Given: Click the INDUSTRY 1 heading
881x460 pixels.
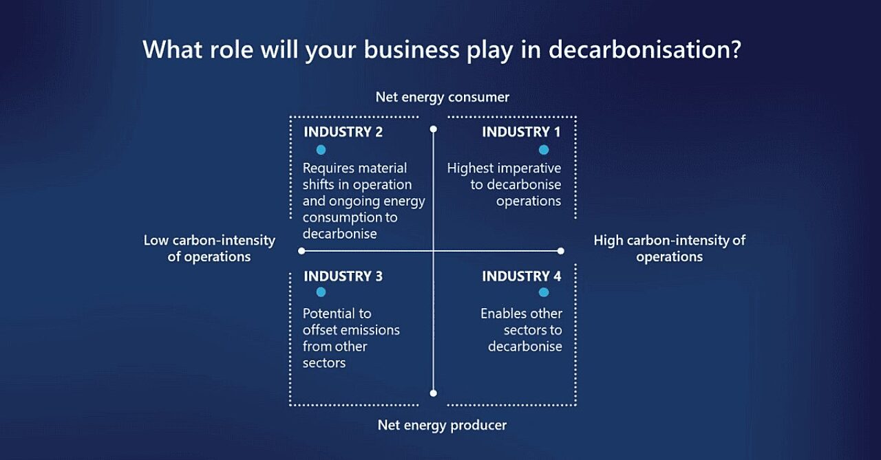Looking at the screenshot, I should point(521,132).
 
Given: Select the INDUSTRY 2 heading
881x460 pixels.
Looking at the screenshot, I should point(343,132).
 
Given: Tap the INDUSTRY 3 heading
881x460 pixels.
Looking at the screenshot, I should point(343,276).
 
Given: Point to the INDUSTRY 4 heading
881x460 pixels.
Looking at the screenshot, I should point(521,276).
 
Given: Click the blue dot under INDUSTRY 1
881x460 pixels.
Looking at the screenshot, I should point(544,150).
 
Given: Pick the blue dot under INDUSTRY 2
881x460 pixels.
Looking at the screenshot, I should point(321,150).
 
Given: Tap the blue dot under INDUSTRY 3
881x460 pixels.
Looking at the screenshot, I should point(321,293).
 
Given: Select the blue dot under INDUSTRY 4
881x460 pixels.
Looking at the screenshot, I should point(544,293).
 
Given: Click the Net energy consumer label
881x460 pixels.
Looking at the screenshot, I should point(442,97).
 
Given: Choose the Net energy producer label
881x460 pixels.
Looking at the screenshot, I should point(442,426).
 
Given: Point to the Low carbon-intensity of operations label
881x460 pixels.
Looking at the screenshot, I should point(209,248).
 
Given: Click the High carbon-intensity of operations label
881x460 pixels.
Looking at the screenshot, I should point(669,248).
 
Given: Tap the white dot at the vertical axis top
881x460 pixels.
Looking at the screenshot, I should point(433,129).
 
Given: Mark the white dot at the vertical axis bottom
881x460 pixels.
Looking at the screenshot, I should point(433,393).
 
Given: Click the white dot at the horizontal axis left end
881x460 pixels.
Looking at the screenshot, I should point(301,251).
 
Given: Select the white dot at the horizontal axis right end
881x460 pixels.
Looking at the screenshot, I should point(561,251).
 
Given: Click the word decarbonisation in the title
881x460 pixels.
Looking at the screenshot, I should point(644,50).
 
